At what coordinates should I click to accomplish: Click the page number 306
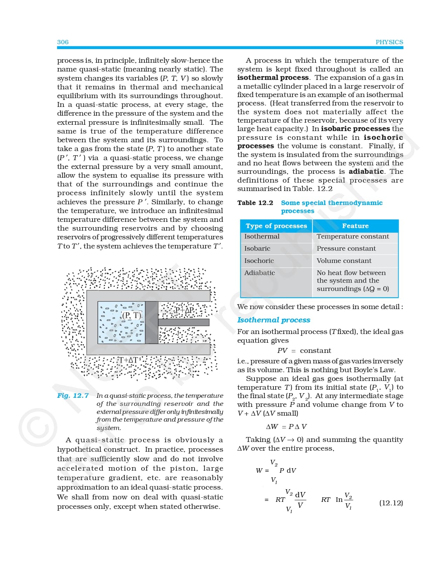pos(63,42)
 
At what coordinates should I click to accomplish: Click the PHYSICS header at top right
pos(389,42)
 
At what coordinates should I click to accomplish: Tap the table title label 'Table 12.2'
pos(255,203)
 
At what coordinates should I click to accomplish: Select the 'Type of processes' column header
pos(276,226)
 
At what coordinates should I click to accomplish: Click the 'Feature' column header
pos(355,226)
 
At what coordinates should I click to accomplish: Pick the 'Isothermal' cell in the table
pos(262,237)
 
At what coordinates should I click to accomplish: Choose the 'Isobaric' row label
pos(257,248)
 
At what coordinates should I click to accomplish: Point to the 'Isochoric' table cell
pos(259,261)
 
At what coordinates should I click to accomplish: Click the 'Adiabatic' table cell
pos(259,273)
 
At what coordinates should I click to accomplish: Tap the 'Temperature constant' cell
pos(353,237)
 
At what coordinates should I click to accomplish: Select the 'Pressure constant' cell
pos(346,248)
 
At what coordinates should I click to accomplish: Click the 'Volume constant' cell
pos(344,261)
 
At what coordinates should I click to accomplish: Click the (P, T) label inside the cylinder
pos(132,315)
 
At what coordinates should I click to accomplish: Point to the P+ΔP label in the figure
pos(185,310)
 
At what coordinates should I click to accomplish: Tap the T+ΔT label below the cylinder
pos(128,360)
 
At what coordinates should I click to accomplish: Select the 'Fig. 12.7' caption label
pos(73,396)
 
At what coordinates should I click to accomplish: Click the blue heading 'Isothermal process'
pos(273,320)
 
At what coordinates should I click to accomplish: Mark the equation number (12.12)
pos(391,503)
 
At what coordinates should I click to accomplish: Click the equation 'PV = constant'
pos(304,350)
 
